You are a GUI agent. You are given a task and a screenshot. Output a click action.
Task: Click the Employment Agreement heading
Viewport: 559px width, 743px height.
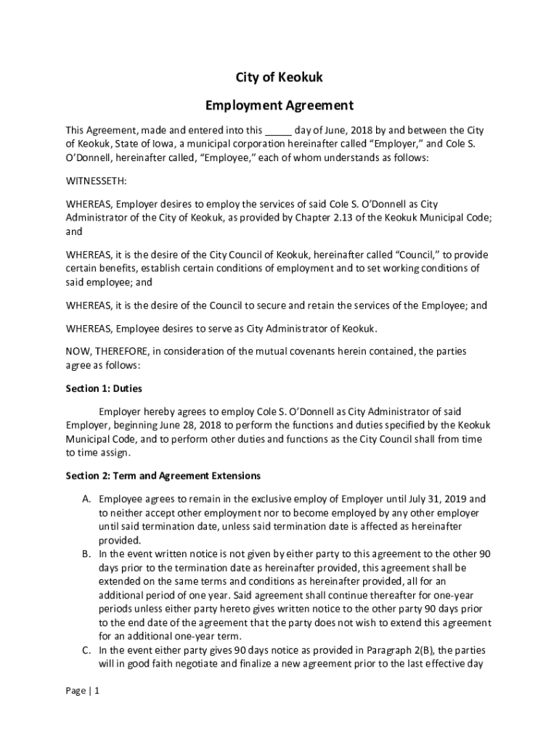[x=279, y=106]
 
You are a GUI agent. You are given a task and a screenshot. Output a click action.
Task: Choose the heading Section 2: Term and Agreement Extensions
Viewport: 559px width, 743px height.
[x=163, y=476]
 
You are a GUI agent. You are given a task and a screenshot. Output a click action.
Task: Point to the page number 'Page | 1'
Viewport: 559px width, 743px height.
[x=82, y=691]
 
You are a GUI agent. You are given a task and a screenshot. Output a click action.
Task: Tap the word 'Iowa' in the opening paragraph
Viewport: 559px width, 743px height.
[x=160, y=144]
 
